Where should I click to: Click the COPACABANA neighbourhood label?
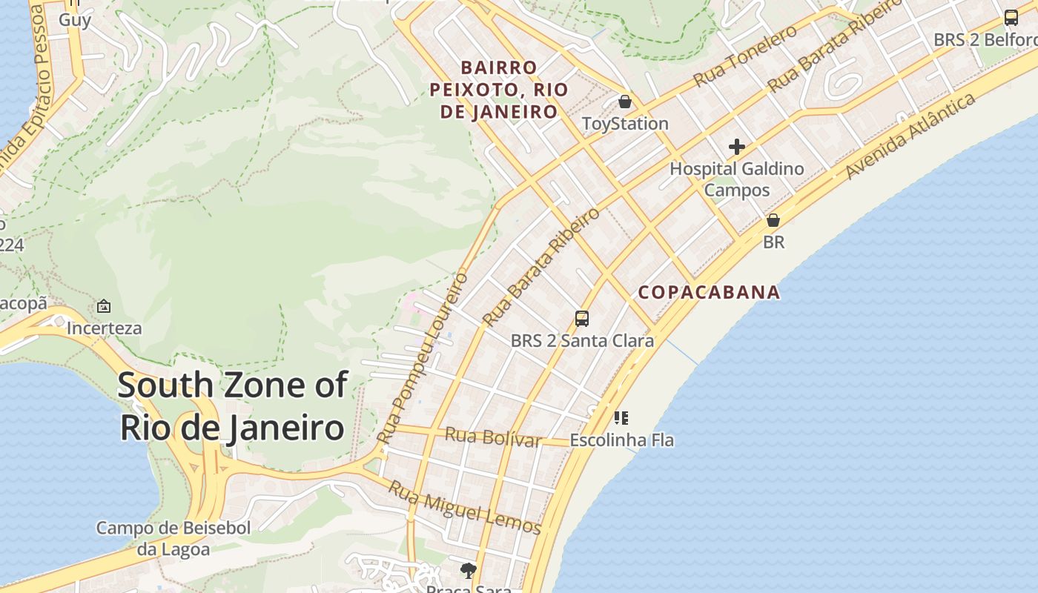(709, 292)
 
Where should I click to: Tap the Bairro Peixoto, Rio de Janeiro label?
(499, 90)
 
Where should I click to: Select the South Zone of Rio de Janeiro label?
(232, 406)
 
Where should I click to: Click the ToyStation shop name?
(625, 124)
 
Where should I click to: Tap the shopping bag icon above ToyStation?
(625, 101)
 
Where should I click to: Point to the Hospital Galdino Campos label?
(736, 179)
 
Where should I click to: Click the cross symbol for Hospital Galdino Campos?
(736, 147)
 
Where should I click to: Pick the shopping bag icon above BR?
(773, 220)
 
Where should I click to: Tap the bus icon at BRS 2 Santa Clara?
(582, 319)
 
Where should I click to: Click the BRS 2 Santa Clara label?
(582, 341)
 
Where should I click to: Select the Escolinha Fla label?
(621, 440)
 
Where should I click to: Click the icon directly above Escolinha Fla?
(621, 418)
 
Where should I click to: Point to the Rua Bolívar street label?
(493, 437)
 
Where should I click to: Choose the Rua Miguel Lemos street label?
(465, 508)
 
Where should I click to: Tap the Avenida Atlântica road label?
(910, 136)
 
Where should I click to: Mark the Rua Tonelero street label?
(745, 55)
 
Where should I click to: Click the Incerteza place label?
(104, 328)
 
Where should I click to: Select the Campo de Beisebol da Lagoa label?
(173, 539)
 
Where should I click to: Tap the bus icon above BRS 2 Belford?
(1011, 18)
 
